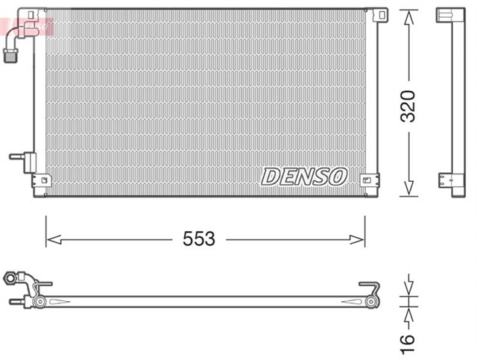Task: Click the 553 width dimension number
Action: pos(199,239)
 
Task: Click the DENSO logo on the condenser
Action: pos(304,177)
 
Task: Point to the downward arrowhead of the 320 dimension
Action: pos(408,190)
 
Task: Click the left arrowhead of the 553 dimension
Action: pos(52,239)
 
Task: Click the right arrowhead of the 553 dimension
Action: pos(358,239)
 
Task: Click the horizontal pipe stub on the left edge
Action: pos(18,157)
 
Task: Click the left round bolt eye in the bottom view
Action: pos(40,302)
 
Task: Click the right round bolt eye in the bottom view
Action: pos(370,302)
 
